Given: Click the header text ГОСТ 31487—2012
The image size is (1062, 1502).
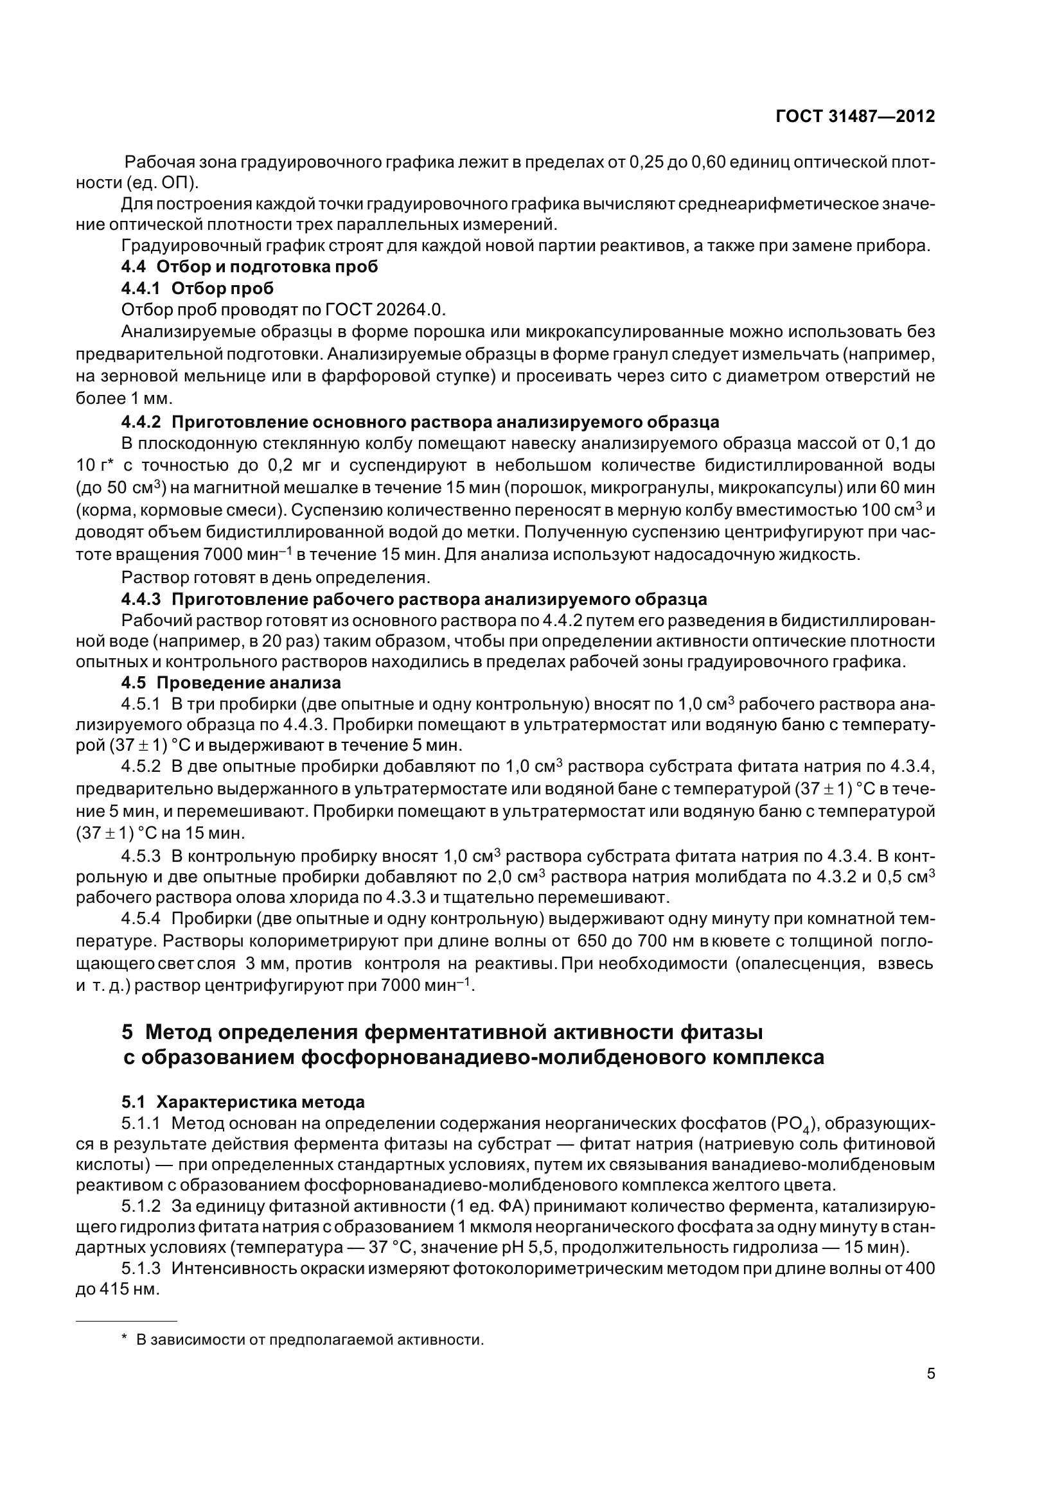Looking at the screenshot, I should pos(854,116).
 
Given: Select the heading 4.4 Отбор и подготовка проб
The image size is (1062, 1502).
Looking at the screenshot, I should pos(249,267).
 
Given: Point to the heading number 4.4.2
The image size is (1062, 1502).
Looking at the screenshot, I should pos(141,421).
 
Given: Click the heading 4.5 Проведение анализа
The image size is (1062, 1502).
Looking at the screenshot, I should pos(231,683).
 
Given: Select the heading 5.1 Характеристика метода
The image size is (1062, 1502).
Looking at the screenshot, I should pos(243,1103).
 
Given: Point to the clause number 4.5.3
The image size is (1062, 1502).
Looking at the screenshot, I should pos(141,855).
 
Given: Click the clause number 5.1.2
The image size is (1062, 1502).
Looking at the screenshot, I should pos(141,1206).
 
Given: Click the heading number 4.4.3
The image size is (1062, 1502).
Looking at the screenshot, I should pos(141,599).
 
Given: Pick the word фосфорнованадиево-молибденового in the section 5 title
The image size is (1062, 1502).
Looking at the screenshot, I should pos(457,1057).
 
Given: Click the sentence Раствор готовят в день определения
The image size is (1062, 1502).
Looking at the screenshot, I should pos(276,578).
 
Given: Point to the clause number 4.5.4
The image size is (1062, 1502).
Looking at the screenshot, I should pos(141,918).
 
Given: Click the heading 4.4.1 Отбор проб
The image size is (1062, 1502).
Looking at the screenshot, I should pos(198,288).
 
